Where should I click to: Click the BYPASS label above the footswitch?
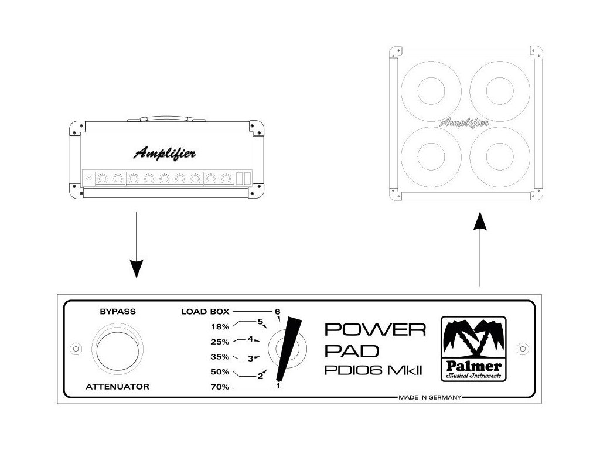click(118, 312)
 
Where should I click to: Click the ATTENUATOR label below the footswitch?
click(118, 387)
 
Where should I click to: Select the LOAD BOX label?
click(205, 312)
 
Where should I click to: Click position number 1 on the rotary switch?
click(278, 387)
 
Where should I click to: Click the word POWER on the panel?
click(375, 330)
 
